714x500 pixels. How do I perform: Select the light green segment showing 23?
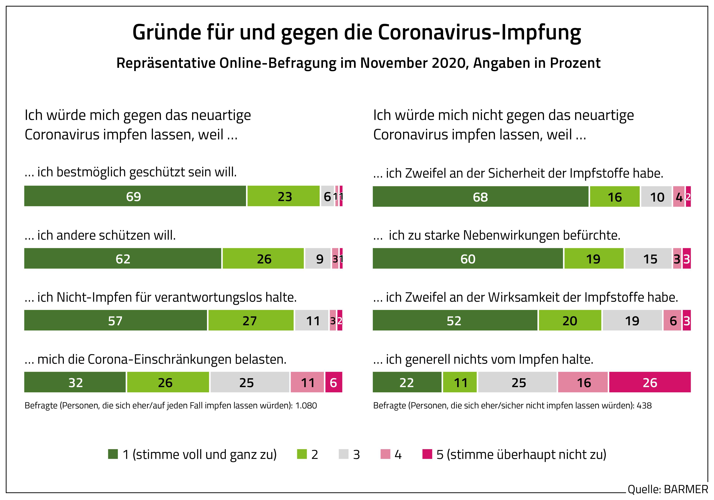point(284,196)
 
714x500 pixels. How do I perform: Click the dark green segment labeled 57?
point(115,320)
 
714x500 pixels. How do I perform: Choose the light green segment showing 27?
point(251,320)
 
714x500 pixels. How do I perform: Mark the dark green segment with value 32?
point(75,382)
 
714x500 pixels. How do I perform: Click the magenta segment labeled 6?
point(334,382)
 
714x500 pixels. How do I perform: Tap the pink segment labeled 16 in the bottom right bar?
point(583,382)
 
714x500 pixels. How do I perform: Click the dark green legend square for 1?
point(113,454)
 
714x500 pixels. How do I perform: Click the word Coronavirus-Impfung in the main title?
point(479,32)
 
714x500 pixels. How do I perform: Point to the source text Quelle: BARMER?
point(667,489)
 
